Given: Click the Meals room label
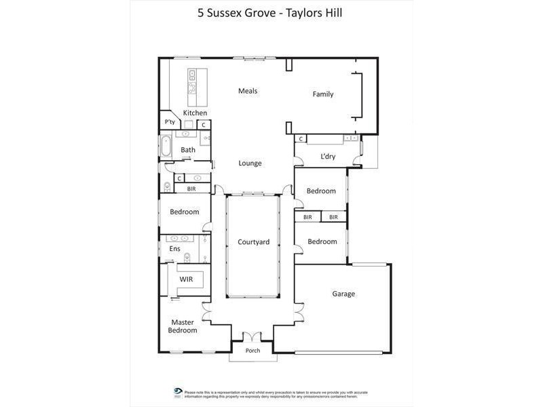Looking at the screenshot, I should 247,91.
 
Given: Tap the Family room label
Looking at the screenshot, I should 323,94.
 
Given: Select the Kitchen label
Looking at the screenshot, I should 195,113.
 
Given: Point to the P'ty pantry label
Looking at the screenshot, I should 170,122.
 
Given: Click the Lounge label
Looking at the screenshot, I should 250,163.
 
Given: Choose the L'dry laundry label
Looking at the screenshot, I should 327,157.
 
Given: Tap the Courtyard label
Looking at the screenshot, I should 253,242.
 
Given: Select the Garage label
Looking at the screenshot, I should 343,294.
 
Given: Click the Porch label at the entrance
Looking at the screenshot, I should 252,351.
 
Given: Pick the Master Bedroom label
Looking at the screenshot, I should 183,326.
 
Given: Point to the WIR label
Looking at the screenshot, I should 187,279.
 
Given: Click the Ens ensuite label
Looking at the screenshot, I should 174,249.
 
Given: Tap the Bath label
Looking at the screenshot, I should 188,150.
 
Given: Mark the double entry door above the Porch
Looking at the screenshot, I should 252,337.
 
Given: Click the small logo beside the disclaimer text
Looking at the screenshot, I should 178,392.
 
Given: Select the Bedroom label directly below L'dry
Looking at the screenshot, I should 321,191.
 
